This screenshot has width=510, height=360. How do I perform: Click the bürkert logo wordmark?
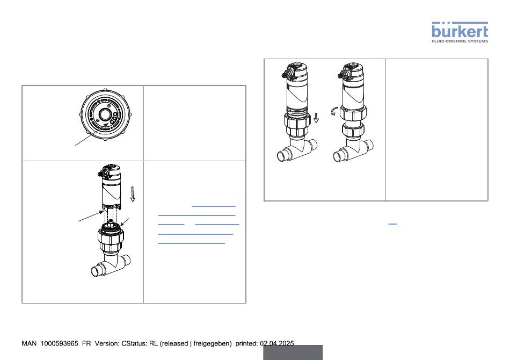coord(460,30)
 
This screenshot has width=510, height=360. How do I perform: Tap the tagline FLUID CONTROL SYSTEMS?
coord(460,41)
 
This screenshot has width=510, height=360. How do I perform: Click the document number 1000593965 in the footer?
coord(59,343)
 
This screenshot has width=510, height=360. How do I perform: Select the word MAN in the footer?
coord(29,343)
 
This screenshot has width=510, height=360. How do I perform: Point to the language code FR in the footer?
coord(86,343)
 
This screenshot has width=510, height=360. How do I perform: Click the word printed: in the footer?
coord(246,343)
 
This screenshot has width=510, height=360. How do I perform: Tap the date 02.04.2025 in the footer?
coord(277,343)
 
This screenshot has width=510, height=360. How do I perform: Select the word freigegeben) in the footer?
coord(213,343)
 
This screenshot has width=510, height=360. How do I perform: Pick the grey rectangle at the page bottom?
coord(293,352)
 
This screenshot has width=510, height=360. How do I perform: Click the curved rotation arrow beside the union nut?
coord(334,111)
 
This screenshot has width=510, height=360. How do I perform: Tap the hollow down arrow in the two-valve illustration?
coord(316,118)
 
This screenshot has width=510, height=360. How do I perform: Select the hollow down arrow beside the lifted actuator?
coord(133,194)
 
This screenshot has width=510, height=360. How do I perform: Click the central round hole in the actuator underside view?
coord(105,114)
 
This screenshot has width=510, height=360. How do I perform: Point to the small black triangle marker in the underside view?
coord(106,124)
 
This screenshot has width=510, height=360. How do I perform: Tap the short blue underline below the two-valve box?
coord(392,224)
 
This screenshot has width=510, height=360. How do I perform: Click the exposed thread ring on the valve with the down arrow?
coord(296,110)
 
